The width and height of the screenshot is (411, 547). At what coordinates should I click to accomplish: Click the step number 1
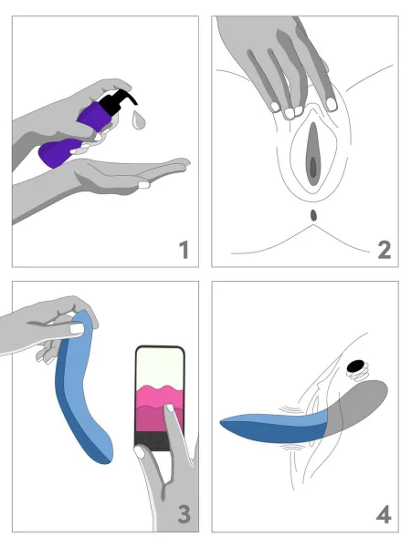tap(184, 248)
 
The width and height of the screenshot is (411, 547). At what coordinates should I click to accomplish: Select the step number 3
tap(184, 514)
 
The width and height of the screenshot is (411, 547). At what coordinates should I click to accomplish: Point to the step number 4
tap(383, 514)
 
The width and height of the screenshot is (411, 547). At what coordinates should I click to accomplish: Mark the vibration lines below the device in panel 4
tap(292, 450)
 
